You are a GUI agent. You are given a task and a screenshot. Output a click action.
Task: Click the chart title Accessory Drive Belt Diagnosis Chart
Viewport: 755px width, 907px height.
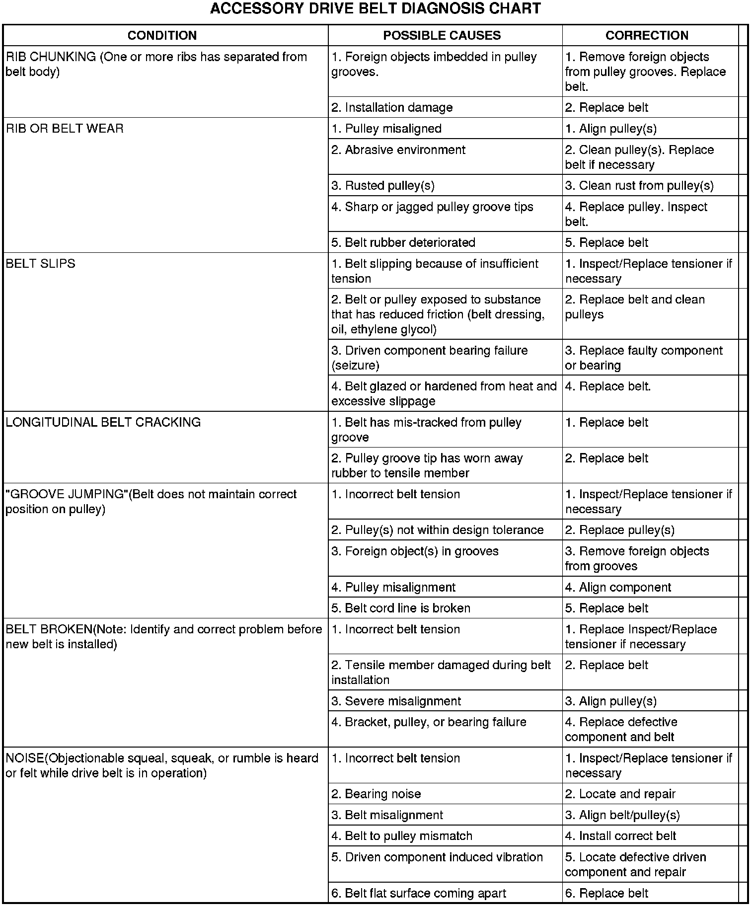coord(376,9)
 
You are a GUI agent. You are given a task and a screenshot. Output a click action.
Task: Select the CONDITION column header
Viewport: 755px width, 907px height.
coord(162,35)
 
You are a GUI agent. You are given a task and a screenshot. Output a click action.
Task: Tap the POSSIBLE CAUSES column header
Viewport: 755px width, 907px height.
coord(442,35)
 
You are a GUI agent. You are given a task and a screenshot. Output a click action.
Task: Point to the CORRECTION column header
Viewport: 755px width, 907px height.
coord(647,35)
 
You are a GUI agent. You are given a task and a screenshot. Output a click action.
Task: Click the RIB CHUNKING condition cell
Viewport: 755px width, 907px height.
coord(156,64)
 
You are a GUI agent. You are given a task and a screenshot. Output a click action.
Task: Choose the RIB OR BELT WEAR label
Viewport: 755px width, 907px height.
coord(65,129)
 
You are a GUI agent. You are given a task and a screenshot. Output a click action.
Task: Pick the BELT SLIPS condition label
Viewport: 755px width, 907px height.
coord(40,264)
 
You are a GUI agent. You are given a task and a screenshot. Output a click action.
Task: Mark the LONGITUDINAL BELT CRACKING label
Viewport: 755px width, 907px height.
coord(103,422)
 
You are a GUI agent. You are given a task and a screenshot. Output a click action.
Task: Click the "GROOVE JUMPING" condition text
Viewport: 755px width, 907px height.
coord(151,501)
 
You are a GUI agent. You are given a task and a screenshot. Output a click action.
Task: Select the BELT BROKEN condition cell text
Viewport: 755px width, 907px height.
coord(163,636)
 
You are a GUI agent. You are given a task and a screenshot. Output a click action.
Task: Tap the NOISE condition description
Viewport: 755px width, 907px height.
coord(161,765)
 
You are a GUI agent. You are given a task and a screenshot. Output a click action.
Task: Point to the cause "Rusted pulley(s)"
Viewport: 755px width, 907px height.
coord(383,186)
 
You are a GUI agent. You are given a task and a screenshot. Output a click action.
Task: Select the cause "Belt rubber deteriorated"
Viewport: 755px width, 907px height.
coord(403,242)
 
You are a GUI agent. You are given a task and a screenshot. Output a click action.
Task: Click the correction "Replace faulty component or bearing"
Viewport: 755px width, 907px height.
coord(644,358)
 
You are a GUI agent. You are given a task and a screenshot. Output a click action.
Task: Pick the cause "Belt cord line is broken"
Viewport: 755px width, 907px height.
coord(401,608)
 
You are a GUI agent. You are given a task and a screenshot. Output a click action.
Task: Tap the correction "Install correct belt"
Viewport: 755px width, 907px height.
coord(620,836)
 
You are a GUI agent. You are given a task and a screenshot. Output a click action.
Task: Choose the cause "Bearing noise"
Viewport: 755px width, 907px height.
coord(376,794)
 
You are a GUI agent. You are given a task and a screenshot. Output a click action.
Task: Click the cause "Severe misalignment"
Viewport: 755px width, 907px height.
coord(396,701)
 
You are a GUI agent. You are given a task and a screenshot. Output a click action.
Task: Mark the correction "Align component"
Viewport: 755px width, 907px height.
coord(618,587)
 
